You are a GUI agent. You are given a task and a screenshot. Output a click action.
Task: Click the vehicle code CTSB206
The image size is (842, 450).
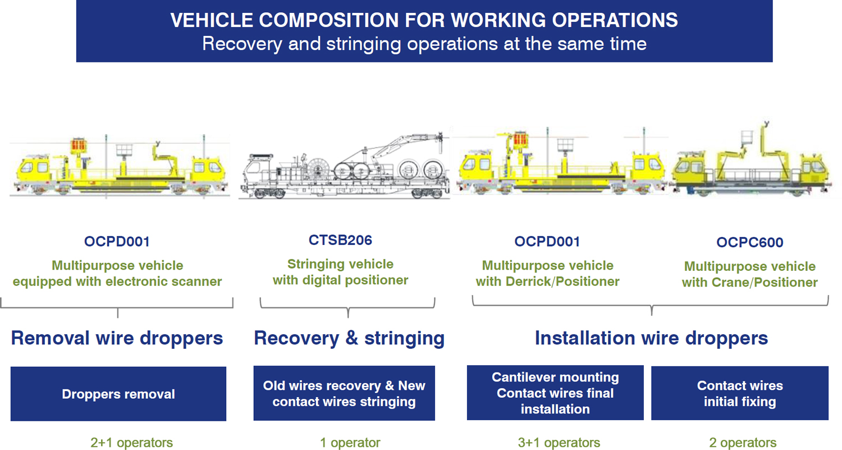click(x=340, y=240)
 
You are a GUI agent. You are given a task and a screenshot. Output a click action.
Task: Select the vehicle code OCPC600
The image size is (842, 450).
click(x=749, y=243)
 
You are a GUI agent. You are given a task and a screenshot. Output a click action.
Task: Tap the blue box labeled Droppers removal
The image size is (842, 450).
click(x=118, y=394)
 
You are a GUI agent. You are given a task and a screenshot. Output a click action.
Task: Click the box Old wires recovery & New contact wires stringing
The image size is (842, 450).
click(x=344, y=394)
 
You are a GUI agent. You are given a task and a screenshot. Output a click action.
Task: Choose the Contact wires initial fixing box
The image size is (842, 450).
click(x=739, y=394)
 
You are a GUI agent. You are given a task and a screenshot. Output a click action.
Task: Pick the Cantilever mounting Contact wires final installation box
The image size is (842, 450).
click(x=555, y=393)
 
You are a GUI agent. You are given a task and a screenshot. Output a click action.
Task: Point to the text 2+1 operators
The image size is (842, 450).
click(x=131, y=443)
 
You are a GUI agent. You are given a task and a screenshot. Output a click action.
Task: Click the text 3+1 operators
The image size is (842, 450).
click(x=559, y=443)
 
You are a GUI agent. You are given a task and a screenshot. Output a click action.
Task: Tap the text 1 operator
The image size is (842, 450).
click(x=350, y=443)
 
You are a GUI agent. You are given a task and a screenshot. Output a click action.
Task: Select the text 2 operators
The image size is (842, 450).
click(x=743, y=443)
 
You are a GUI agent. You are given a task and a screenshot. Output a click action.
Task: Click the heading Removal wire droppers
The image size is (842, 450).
click(x=117, y=338)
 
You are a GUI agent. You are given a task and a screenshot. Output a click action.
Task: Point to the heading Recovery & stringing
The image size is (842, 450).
click(x=349, y=338)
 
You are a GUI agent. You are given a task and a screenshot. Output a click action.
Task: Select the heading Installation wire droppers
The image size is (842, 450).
click(x=651, y=338)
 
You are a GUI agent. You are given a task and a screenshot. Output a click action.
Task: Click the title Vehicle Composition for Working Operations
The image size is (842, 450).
click(x=424, y=20)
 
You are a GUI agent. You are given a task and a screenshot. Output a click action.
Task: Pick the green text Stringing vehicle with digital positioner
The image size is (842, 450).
click(x=340, y=272)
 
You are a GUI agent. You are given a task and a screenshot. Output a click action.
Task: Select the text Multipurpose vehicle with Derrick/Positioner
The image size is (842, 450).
click(x=547, y=274)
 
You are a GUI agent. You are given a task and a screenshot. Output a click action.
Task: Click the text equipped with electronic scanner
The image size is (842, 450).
click(x=117, y=281)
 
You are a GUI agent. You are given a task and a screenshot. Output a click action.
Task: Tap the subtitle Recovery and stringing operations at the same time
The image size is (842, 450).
click(x=424, y=44)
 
